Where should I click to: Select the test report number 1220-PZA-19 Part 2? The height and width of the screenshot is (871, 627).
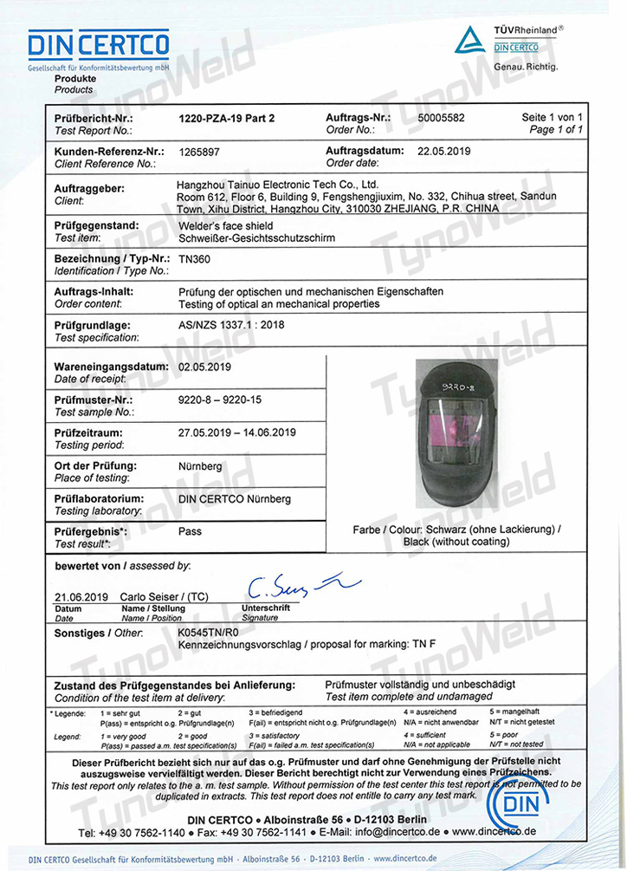[x=226, y=117]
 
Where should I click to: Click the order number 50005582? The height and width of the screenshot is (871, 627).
[x=441, y=117]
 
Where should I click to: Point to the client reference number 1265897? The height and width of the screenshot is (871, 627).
[x=199, y=151]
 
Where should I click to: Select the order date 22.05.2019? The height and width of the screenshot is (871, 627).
[x=443, y=151]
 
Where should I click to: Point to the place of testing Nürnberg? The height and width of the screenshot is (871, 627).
[x=201, y=465]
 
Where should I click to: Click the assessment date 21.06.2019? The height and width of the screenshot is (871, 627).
[x=81, y=597]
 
